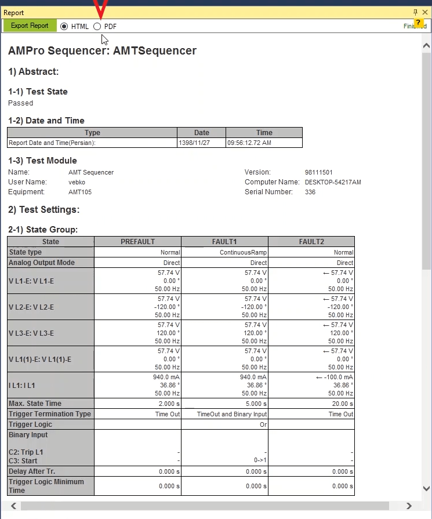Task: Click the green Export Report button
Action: pos(30,26)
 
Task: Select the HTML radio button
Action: pos(64,26)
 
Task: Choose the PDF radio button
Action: pos(97,26)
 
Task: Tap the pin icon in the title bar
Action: pos(415,12)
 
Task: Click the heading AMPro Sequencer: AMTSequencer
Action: pos(102,51)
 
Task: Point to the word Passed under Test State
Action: pos(21,103)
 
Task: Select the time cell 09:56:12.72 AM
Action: pos(249,143)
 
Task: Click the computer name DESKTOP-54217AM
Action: pos(333,182)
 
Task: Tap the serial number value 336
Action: pos(310,192)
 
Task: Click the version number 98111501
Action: pos(318,172)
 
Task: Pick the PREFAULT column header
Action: pos(137,241)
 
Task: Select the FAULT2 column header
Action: pos(311,241)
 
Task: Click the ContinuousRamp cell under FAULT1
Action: pos(244,252)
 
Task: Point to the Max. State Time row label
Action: pos(35,404)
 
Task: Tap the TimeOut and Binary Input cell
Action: pos(232,414)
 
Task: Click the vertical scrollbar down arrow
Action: pos(427,489)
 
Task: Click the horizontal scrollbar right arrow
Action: pos(409,506)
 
